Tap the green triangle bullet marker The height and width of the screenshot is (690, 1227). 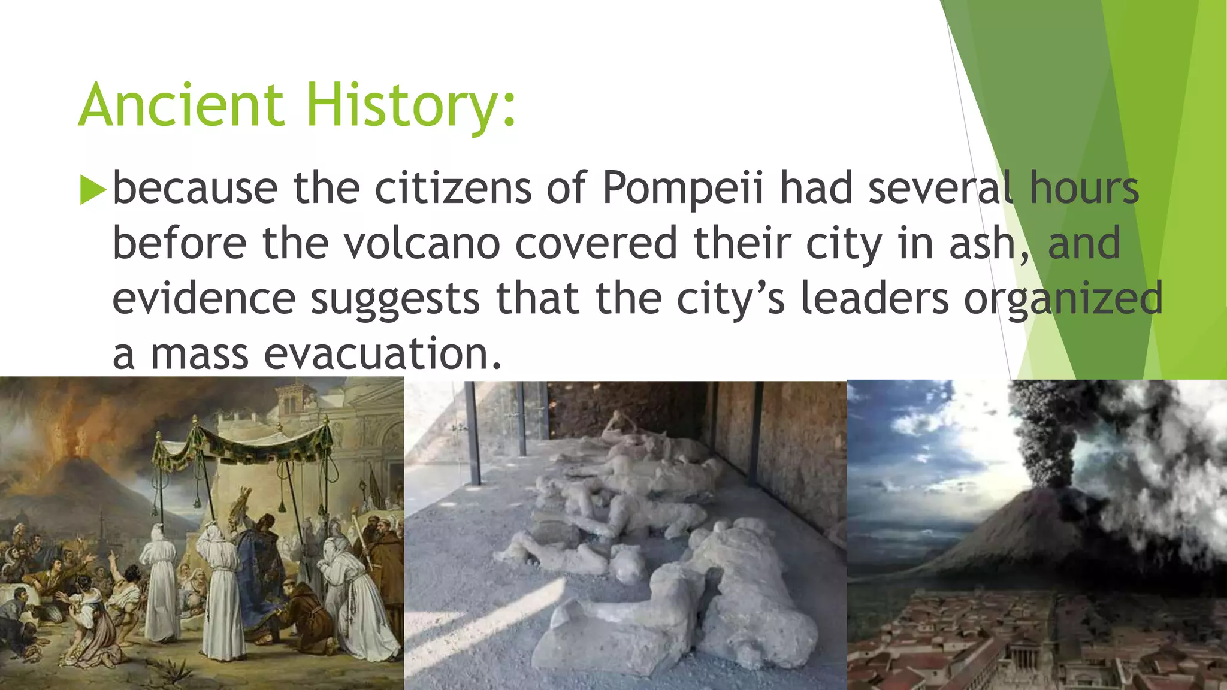[92, 190]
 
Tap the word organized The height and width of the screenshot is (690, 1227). [1063, 299]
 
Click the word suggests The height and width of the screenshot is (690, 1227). [395, 299]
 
